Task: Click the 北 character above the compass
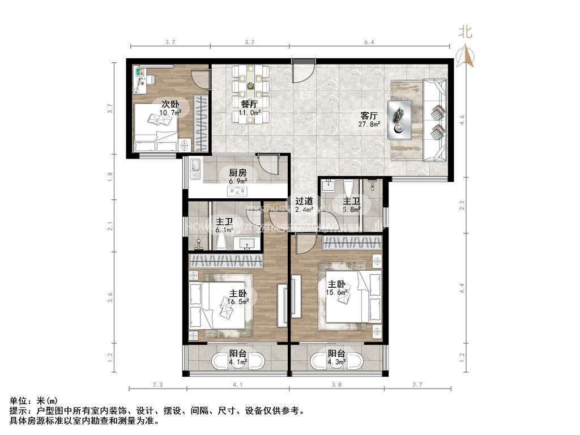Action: coord(465,32)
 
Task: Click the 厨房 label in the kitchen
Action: coord(238,173)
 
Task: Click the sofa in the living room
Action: coord(435,120)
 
